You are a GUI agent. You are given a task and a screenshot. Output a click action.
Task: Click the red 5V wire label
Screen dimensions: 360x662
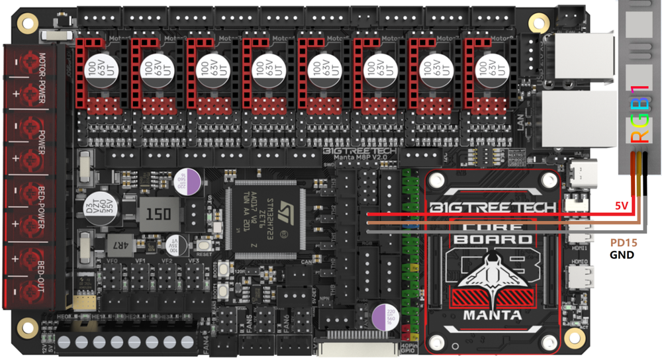[x=621, y=206]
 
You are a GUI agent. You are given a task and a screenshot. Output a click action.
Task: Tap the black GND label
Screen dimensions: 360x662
[x=622, y=255]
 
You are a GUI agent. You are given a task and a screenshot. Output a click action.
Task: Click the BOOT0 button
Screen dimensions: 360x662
[x=224, y=270]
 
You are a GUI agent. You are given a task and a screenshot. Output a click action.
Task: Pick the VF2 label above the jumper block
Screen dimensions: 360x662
[x=167, y=261]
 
